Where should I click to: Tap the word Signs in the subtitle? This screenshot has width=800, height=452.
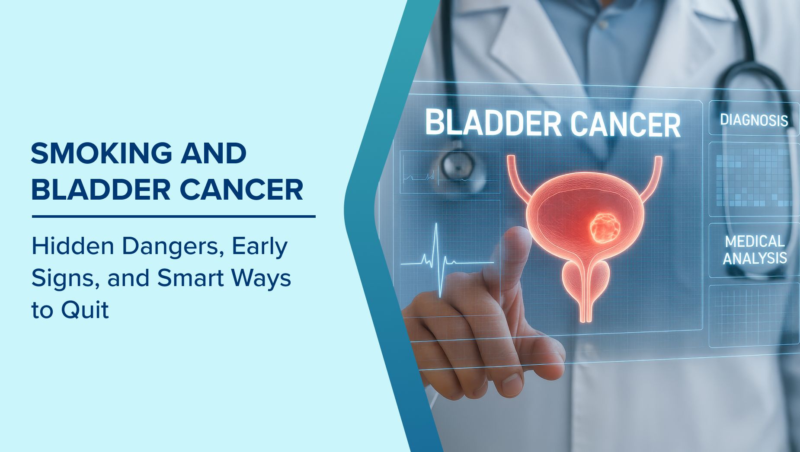pyautogui.click(x=66, y=278)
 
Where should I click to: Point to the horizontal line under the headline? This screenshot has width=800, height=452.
pyautogui.click(x=173, y=216)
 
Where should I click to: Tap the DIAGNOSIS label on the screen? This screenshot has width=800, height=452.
pyautogui.click(x=754, y=120)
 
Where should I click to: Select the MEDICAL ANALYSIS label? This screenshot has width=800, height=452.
pyautogui.click(x=755, y=250)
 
